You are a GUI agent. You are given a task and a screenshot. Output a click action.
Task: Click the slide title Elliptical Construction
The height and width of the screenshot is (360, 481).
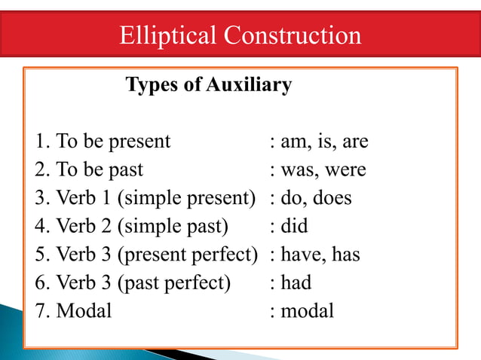click(x=240, y=35)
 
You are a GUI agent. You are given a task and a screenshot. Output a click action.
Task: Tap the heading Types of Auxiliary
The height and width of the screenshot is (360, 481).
click(x=208, y=85)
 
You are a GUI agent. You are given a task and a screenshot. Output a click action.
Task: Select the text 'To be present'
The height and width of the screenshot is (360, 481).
click(x=113, y=142)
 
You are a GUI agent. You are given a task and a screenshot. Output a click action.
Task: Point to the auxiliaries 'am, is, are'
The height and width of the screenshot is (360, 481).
click(x=324, y=142)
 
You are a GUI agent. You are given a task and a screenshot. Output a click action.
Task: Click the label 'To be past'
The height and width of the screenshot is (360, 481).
click(x=100, y=170)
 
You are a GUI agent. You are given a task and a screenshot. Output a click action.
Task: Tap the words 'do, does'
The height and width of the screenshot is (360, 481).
click(x=316, y=198)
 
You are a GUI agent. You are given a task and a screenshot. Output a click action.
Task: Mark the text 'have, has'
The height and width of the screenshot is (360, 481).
click(x=320, y=255)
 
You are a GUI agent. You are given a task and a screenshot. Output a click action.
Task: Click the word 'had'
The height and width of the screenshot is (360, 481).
click(x=296, y=282)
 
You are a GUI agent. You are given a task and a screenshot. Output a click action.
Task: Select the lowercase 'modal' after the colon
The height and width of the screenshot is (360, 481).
click(x=307, y=310)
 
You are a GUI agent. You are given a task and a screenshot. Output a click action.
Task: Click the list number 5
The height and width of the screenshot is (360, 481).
click(x=40, y=255)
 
